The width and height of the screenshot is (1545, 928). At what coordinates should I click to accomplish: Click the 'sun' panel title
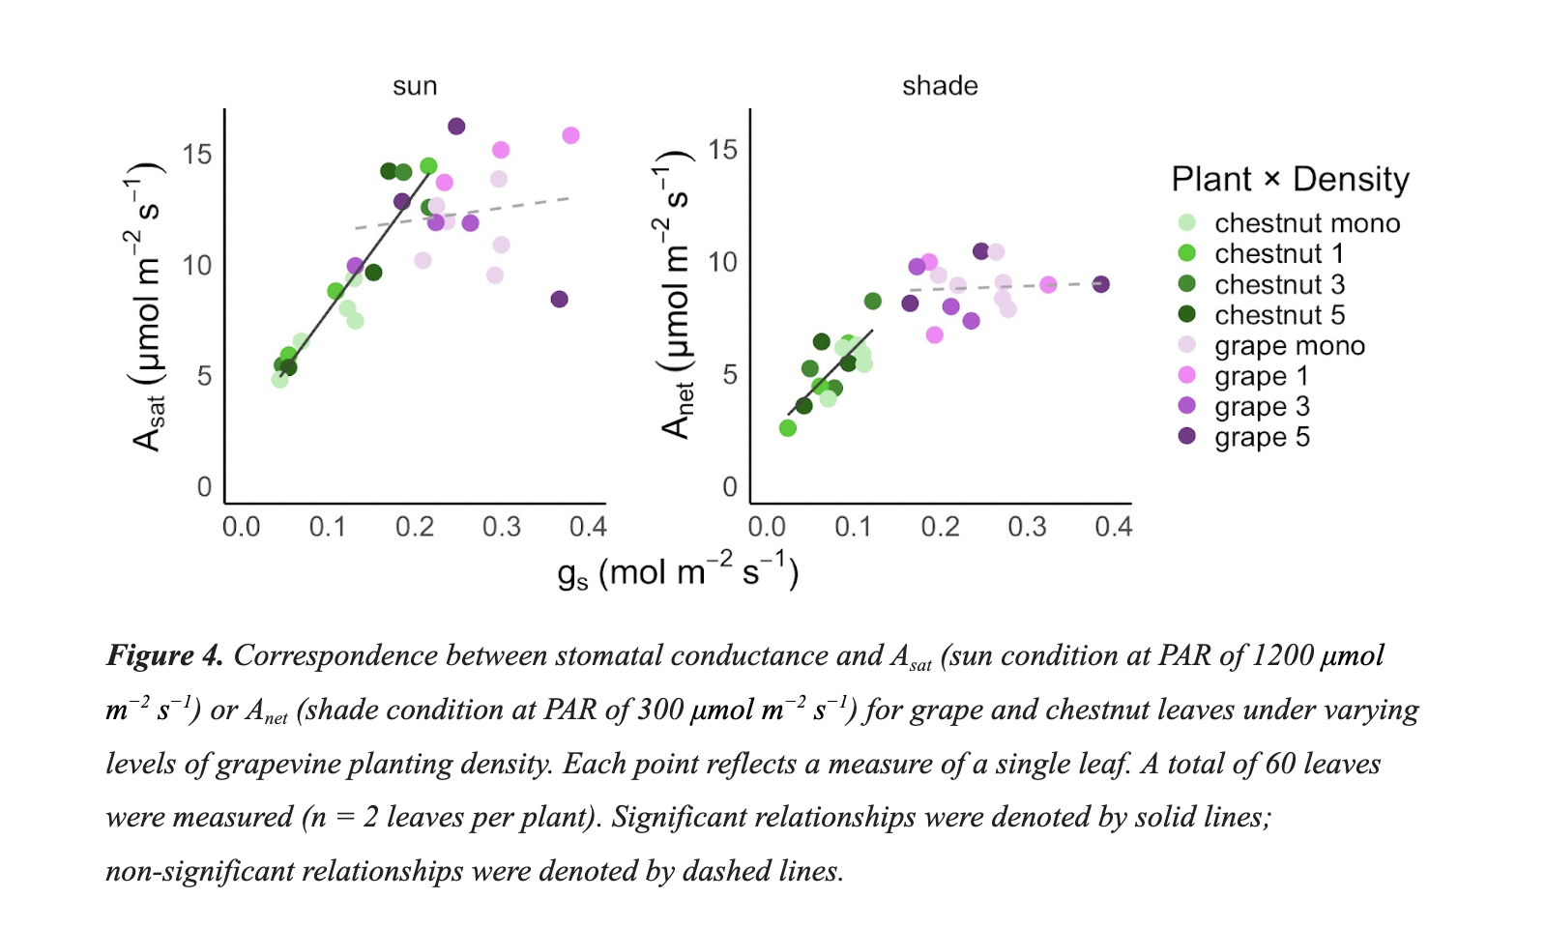[x=415, y=86]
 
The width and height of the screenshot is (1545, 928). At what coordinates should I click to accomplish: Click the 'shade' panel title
[x=940, y=86]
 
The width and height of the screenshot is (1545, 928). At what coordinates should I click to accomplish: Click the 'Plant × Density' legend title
[x=1290, y=179]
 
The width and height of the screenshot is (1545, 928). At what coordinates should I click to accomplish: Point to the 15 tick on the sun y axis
[x=196, y=155]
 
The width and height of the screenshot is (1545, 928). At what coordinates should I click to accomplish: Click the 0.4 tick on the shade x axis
[x=1113, y=527]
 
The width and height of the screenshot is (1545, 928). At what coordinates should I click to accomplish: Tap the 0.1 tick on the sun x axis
[x=328, y=527]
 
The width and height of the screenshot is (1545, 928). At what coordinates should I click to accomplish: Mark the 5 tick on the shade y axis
[x=730, y=375]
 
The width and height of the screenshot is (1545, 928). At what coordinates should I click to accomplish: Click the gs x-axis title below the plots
[x=677, y=572]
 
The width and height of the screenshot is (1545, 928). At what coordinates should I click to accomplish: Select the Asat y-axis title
[x=148, y=307]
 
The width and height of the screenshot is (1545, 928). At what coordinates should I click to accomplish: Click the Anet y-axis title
[x=676, y=295]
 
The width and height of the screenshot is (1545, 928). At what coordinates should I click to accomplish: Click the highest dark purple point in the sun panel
[x=456, y=127]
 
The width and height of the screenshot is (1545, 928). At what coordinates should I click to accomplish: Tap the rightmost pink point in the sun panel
[x=570, y=135]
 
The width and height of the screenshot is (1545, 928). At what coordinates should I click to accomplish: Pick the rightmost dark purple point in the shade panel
[x=1100, y=284]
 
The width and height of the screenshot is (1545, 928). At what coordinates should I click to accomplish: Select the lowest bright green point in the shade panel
[x=787, y=428]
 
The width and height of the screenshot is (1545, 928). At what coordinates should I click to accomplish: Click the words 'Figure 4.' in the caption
[x=164, y=655]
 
